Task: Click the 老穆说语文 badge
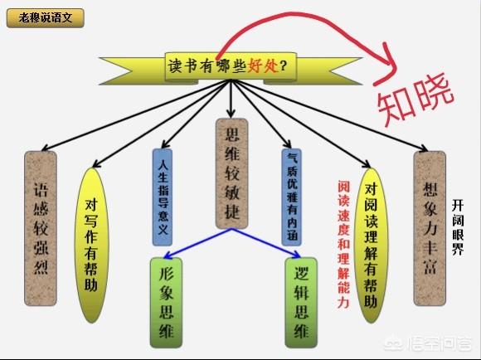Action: (x=46, y=18)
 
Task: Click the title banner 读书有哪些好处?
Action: (x=231, y=67)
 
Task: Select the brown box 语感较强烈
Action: (x=41, y=228)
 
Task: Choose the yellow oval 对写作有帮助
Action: (x=91, y=246)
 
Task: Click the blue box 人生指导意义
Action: (x=163, y=197)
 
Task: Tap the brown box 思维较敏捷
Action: (x=232, y=173)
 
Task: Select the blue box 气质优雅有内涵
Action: (x=292, y=197)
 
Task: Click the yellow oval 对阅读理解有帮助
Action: (x=371, y=246)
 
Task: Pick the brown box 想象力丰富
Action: (x=430, y=228)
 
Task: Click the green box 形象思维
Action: (x=166, y=303)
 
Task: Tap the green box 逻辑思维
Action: (x=301, y=303)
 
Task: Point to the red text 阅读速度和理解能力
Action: (x=343, y=245)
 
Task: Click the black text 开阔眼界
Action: (x=458, y=227)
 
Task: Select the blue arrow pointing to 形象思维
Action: (x=198, y=243)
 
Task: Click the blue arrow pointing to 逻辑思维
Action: (x=266, y=243)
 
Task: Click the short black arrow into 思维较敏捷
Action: (x=231, y=99)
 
